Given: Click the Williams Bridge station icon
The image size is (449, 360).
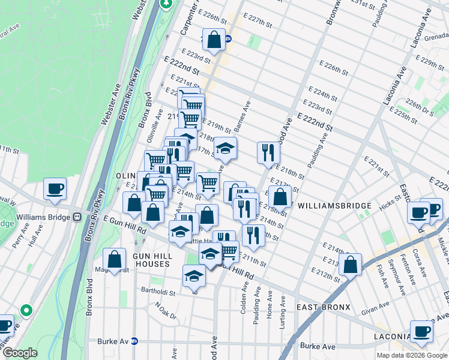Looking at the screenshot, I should point(77,217).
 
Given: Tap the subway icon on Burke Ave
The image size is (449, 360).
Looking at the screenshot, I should point(134,341).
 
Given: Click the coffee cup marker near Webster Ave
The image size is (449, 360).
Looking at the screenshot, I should point(54,189).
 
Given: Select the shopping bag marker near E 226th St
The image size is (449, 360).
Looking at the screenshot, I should point(214,40).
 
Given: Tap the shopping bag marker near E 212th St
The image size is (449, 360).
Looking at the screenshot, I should point(350,265).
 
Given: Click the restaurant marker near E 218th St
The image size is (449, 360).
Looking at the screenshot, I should point(268,152).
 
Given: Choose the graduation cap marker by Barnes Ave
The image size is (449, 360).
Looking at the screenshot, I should point(225,148).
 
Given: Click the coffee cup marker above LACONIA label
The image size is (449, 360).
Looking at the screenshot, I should point(421,331).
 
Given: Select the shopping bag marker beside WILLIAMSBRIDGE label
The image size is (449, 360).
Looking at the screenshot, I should point(280,196).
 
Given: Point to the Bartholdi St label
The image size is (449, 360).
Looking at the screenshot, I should point(159,294).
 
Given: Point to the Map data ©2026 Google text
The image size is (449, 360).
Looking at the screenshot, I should point(411,355).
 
